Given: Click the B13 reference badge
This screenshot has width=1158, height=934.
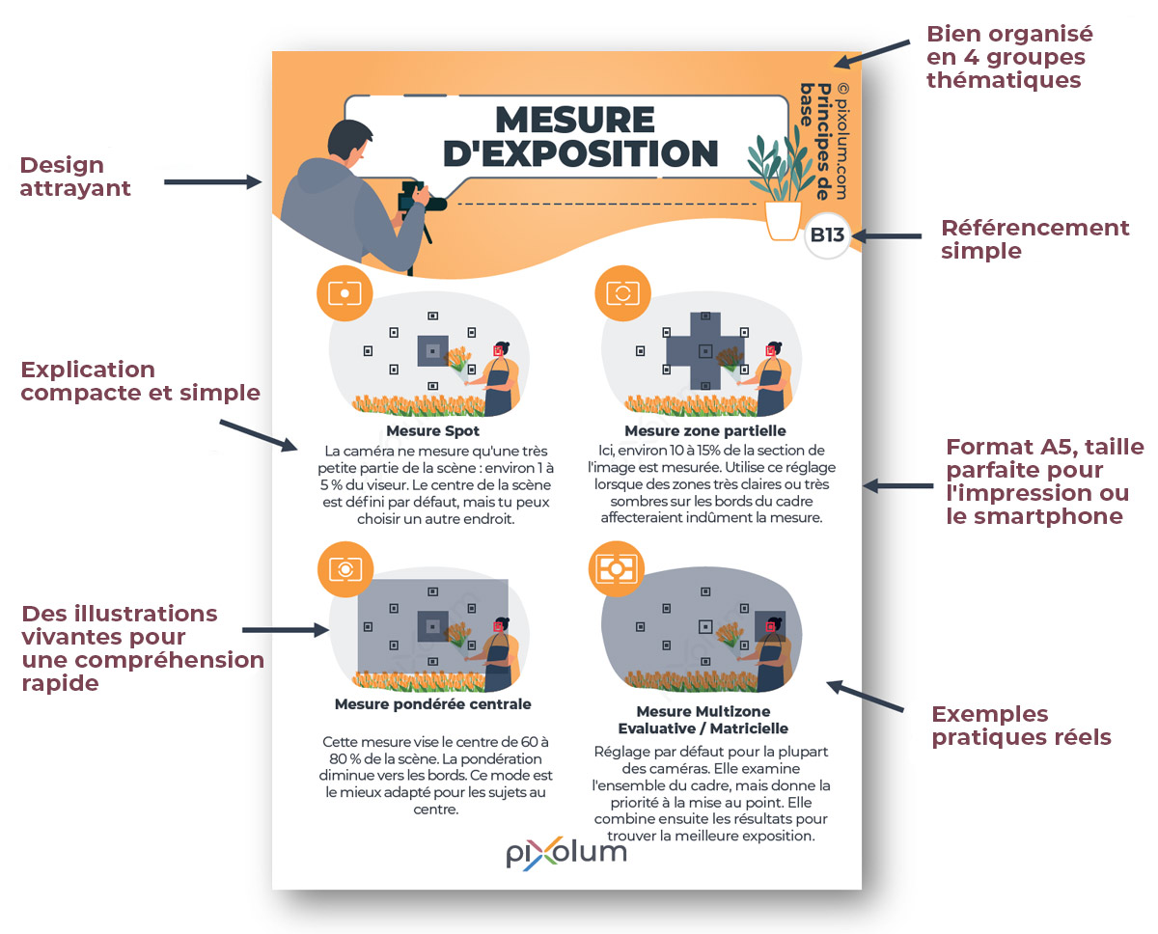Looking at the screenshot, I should click(x=827, y=235).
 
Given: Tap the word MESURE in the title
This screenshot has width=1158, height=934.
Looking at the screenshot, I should click(x=575, y=120).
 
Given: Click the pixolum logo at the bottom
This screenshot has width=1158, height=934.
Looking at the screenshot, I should click(x=566, y=852).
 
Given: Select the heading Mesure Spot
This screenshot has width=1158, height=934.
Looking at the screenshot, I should click(x=432, y=431).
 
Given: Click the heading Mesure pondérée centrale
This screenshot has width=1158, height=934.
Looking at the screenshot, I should click(x=432, y=704).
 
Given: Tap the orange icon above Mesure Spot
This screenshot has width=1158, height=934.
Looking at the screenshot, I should click(x=345, y=292).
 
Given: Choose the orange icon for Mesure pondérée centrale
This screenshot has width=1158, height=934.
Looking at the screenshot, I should click(x=345, y=568).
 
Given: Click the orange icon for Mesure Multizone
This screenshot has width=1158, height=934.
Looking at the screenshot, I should click(x=616, y=568).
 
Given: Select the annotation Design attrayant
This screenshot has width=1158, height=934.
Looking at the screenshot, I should click(x=74, y=177).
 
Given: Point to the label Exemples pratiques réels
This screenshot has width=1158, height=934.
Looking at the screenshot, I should click(x=1020, y=726).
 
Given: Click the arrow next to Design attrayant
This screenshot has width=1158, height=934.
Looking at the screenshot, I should click(x=212, y=181).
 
